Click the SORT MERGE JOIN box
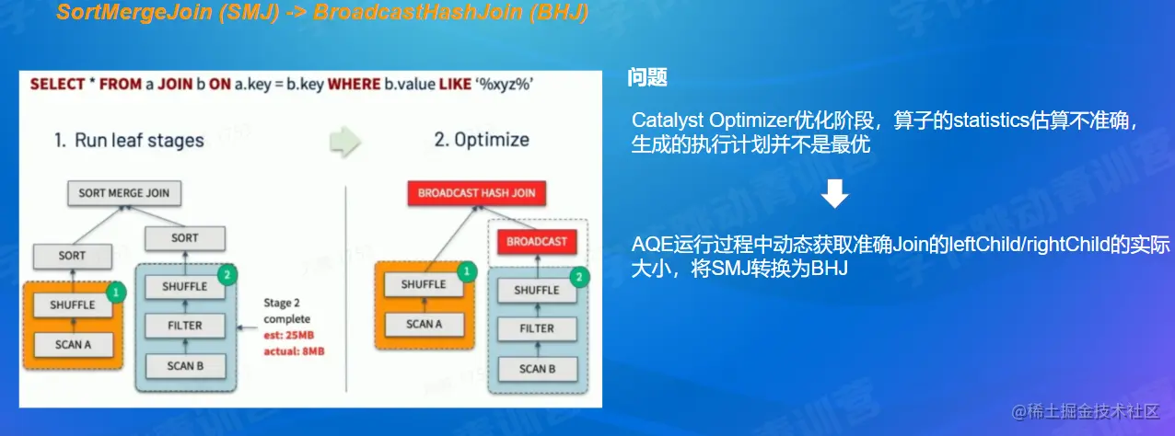coord(124,193)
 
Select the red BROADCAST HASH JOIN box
coord(476,193)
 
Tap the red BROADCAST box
coord(537,242)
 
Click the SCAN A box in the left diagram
coord(73,344)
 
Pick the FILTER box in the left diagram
coord(185,326)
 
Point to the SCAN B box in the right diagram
coord(537,369)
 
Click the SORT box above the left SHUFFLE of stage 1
coord(73,256)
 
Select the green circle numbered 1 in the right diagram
coord(466,271)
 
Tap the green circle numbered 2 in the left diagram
coord(227,275)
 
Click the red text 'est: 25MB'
coord(288,335)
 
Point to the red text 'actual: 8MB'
coord(294,351)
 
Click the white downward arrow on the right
coord(834,193)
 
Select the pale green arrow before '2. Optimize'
coord(345,141)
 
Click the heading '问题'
coord(647,77)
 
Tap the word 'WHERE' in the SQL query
coord(355,84)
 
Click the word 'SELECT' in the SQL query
coord(57,84)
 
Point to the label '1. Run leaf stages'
coord(129,141)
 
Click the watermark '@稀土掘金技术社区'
coord(1086,412)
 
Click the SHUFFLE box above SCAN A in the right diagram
coord(424,284)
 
